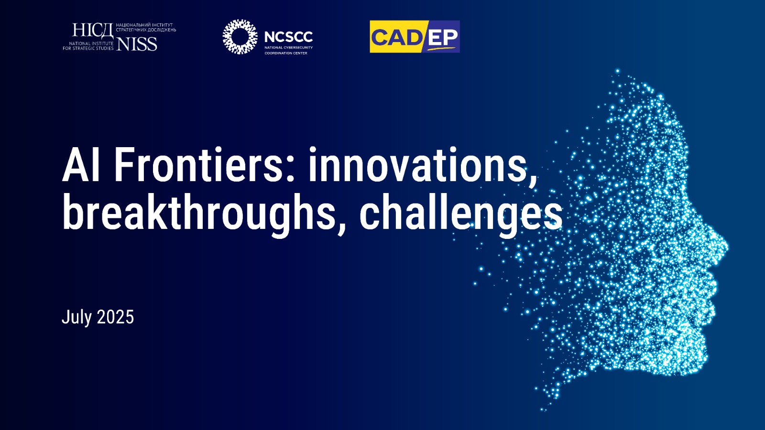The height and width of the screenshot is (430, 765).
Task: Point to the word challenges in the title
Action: point(461,213)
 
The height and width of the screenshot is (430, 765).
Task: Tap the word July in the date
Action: point(77,318)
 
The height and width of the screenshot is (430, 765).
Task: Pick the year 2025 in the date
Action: point(115,317)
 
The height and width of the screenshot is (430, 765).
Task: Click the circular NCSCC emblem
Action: point(240,36)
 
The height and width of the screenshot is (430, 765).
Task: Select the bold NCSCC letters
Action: point(288,36)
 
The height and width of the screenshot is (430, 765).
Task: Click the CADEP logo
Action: point(415,36)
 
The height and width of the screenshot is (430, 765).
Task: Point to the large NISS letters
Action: point(137,43)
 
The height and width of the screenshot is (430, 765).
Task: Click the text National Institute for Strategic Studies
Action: point(88,46)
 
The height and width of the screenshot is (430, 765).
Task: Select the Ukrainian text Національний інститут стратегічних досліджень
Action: point(146,28)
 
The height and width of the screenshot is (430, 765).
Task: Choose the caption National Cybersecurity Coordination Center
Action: point(289,50)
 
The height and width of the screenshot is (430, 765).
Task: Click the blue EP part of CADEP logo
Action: point(442,37)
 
